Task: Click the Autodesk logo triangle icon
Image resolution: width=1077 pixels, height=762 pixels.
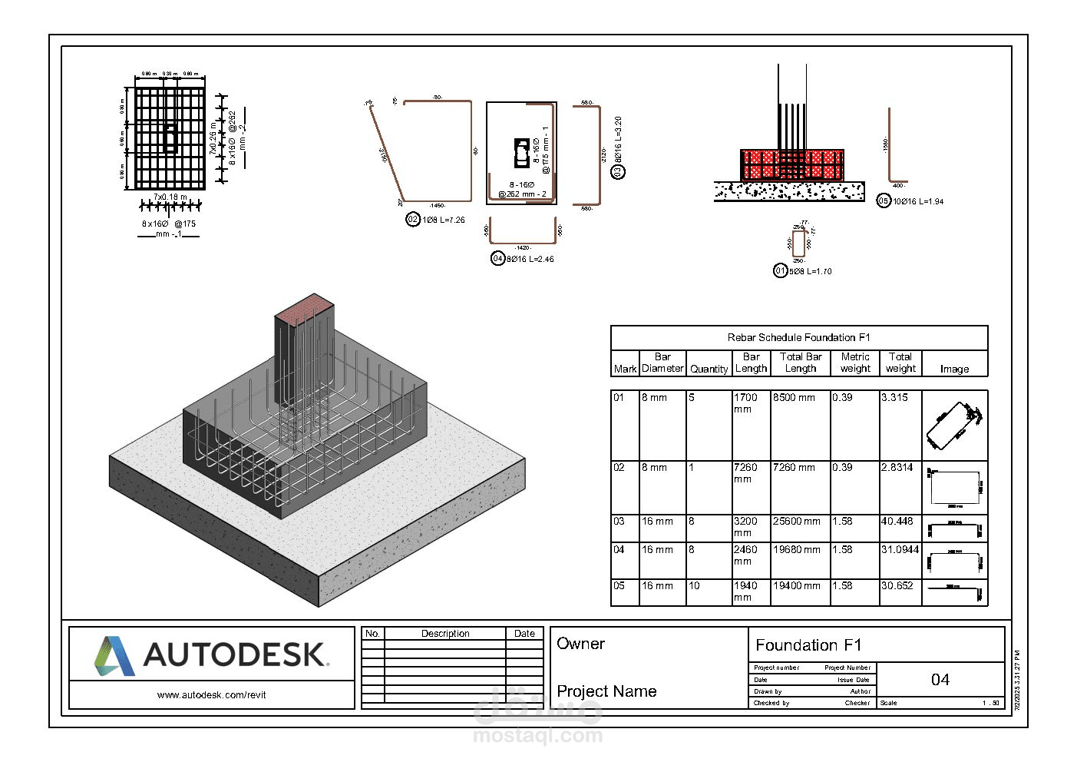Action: pos(114,655)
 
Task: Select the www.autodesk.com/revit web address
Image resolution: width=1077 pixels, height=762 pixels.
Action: pos(211,695)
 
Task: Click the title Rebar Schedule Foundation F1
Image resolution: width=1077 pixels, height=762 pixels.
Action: pos(798,337)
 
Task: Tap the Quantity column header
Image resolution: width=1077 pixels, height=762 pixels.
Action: pos(708,369)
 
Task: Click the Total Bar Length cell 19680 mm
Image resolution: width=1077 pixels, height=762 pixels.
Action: pos(796,550)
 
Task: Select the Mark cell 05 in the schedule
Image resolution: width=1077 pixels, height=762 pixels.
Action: pos(619,586)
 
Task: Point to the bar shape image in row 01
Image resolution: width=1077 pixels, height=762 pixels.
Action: pos(953,425)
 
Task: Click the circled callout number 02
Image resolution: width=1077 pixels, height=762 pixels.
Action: pos(413,220)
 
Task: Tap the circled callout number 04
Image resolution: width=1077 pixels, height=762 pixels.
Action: pos(497,259)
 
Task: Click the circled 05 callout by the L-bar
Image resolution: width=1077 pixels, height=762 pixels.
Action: pos(884,201)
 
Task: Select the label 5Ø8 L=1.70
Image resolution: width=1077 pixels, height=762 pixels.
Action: pos(810,271)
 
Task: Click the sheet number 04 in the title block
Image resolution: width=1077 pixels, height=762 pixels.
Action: pos(940,680)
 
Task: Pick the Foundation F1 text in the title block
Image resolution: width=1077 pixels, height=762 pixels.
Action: pos(808,645)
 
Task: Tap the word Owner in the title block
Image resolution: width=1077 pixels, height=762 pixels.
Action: pos(580,644)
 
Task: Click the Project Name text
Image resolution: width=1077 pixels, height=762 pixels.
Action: pos(606,691)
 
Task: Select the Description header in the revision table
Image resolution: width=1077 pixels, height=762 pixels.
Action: pos(445,634)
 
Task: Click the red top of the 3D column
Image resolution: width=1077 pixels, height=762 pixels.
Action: pos(305,306)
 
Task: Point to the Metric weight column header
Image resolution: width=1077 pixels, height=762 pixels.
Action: pos(854,363)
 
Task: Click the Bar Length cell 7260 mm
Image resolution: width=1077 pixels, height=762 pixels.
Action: pos(745,473)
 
